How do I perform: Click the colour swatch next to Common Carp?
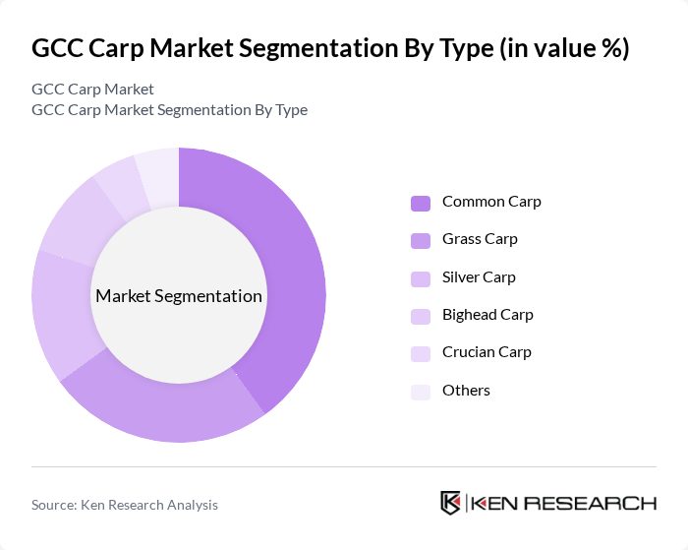pyautogui.click(x=420, y=203)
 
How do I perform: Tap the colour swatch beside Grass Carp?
pyautogui.click(x=420, y=240)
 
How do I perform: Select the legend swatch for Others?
pyautogui.click(x=420, y=392)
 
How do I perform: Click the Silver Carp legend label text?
pyautogui.click(x=479, y=277)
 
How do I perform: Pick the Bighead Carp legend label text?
pyautogui.click(x=487, y=315)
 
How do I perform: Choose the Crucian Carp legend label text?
pyautogui.click(x=487, y=352)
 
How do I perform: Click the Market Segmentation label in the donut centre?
pyautogui.click(x=179, y=296)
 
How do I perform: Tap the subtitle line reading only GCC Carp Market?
pyautogui.click(x=92, y=90)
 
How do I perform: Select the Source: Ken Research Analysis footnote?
pyautogui.click(x=125, y=505)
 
